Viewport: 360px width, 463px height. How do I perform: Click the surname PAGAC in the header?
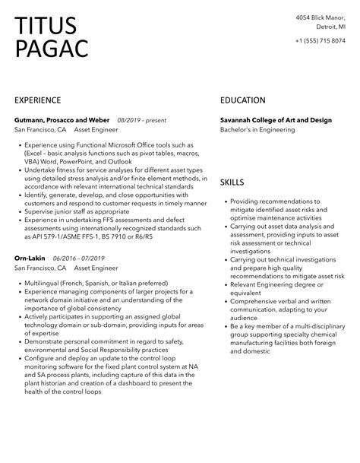(x=51, y=49)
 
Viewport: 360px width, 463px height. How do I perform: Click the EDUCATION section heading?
(x=242, y=100)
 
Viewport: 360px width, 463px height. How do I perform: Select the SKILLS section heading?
(x=232, y=182)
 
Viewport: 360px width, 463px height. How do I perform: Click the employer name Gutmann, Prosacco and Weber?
(x=62, y=120)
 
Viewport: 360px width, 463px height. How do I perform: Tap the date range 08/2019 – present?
(x=142, y=120)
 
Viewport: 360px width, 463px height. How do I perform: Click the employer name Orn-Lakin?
(x=31, y=258)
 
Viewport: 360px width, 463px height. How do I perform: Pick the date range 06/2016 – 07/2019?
(x=79, y=258)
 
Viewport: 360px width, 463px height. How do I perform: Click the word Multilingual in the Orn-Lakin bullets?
(x=46, y=284)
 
